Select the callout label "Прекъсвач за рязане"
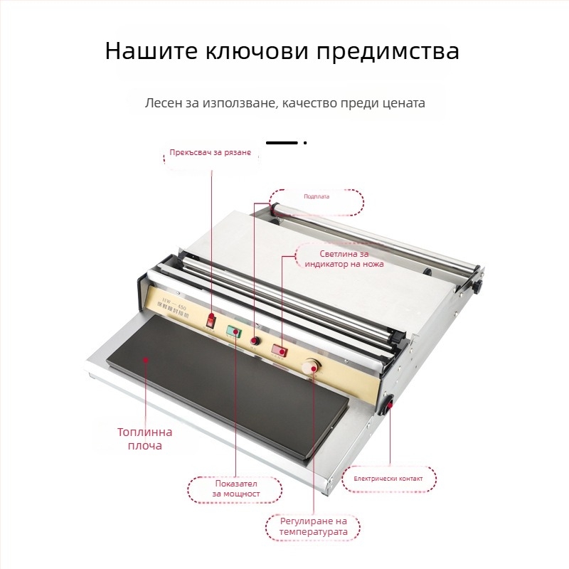point(210,153)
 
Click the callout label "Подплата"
point(317,196)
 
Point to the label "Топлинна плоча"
point(145,438)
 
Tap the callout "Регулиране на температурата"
point(313,526)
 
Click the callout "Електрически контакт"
point(388,479)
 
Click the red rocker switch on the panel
point(211,320)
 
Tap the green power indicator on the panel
point(234,331)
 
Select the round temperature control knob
point(310,367)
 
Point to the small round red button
point(254,341)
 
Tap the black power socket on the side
point(389,405)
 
